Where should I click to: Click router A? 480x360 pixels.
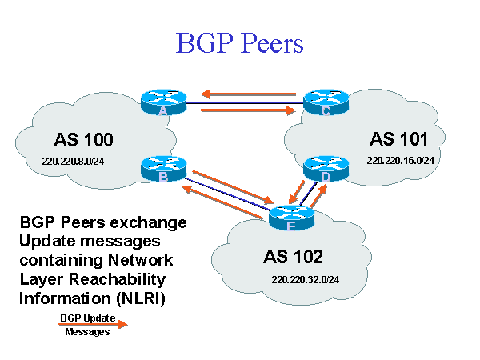(163, 102)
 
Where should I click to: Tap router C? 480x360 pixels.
(325, 102)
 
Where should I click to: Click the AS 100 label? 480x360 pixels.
(84, 140)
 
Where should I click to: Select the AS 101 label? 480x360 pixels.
(398, 138)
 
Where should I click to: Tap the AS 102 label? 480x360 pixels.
(293, 257)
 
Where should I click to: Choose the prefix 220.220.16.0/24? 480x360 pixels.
(400, 160)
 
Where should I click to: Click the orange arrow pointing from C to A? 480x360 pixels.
(251, 94)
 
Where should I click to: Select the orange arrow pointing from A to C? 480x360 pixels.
(248, 110)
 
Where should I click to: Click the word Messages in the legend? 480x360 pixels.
(87, 332)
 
